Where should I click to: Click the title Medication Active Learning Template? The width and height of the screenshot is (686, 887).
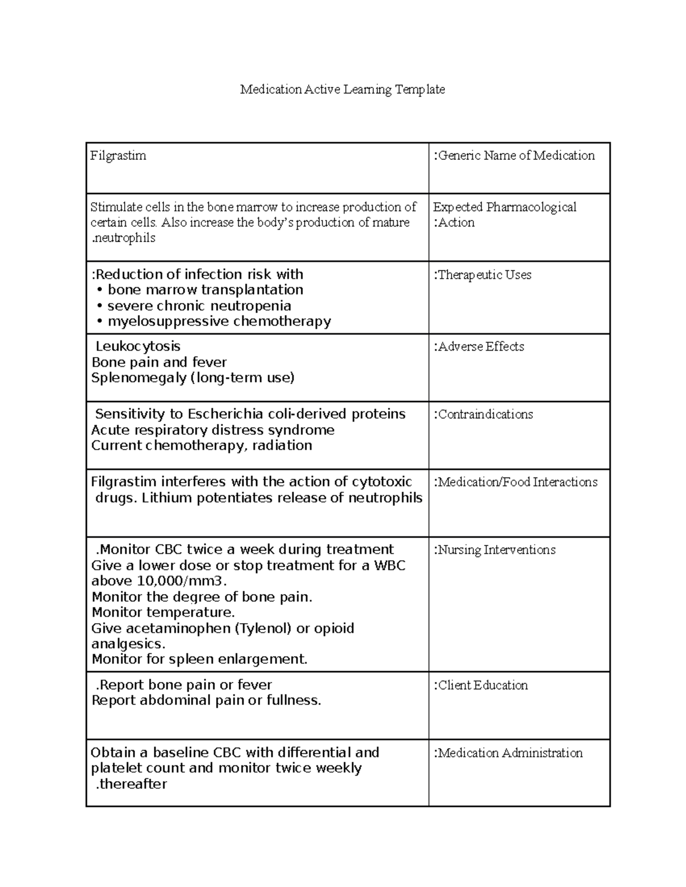(x=342, y=90)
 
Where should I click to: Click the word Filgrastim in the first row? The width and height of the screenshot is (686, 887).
(x=118, y=156)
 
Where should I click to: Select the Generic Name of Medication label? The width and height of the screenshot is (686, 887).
(x=514, y=156)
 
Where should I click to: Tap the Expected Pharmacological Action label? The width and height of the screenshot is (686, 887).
(x=505, y=215)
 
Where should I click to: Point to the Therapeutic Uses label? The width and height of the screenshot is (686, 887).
(x=483, y=275)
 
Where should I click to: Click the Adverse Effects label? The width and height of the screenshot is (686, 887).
(x=480, y=347)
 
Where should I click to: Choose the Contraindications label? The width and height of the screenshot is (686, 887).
(x=484, y=415)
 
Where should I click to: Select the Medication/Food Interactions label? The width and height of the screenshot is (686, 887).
(x=516, y=483)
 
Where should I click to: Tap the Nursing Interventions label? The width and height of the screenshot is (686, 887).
(x=494, y=550)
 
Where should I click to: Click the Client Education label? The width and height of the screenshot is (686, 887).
(x=481, y=685)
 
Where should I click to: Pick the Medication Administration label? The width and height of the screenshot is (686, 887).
(x=508, y=753)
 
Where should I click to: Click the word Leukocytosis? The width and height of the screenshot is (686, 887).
(x=138, y=347)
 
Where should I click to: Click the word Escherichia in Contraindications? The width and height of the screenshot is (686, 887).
(x=224, y=415)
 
